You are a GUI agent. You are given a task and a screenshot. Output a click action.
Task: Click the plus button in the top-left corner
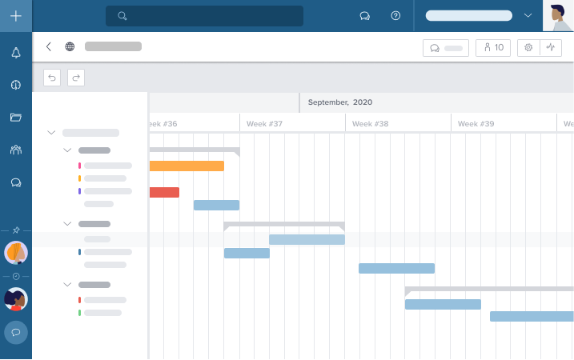[16, 16]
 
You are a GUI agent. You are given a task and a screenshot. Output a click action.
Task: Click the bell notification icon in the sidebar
[16, 53]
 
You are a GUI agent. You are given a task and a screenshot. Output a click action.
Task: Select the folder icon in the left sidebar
[16, 118]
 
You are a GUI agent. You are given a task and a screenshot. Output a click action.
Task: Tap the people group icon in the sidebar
[16, 150]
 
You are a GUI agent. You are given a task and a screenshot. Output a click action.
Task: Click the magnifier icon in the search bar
[122, 16]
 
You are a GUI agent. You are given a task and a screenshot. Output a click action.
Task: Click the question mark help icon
[395, 16]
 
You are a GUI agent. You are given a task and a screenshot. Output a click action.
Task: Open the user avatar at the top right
[558, 16]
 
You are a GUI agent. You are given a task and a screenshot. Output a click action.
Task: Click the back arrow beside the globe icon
[49, 46]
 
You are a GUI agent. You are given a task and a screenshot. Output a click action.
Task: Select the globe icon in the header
[70, 46]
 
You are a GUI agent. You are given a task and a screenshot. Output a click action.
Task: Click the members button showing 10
[493, 47]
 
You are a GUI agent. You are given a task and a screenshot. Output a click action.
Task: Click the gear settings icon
[528, 47]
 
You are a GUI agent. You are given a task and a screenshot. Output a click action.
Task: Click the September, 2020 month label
[340, 102]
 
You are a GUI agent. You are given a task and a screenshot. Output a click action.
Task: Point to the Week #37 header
[265, 124]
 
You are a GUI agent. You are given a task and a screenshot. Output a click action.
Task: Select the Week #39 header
[476, 124]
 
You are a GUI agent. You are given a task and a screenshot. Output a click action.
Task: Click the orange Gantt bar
[187, 166]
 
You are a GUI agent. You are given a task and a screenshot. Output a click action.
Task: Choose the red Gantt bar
[164, 192]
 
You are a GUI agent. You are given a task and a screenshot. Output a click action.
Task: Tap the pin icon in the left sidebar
[16, 230]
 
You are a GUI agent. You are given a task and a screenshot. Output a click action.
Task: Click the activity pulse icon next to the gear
[551, 47]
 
